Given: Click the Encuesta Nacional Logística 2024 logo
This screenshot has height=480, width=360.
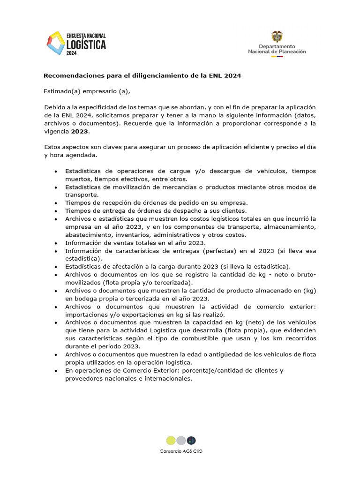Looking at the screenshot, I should click(76, 44).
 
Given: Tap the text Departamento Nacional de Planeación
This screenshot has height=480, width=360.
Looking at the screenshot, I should click(277, 49).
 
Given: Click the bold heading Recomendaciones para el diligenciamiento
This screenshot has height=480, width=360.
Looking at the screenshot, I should click(142, 75).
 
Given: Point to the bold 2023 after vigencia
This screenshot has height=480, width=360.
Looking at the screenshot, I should click(79, 132).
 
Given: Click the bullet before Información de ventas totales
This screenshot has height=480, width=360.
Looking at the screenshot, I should click(56, 243).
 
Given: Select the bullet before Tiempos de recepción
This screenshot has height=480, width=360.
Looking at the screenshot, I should click(56, 203).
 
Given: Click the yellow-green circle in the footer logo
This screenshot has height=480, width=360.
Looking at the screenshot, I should click(171, 440).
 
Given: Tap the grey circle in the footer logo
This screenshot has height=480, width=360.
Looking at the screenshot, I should click(181, 440).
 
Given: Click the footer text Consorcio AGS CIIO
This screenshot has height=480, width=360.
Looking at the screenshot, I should click(180, 451).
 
